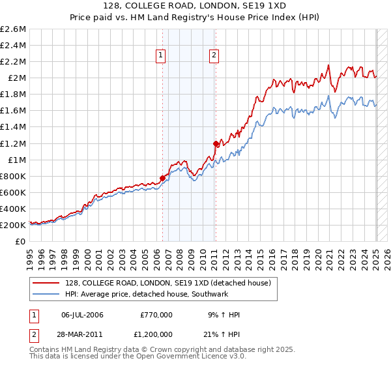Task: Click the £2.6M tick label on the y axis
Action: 14,29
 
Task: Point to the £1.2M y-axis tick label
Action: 14,143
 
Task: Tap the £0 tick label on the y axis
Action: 22,241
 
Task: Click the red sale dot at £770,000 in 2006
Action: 162,178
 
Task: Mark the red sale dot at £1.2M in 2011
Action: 216,143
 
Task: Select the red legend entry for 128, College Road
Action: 162,282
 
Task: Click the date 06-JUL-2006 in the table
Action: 82,315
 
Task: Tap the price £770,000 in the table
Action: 156,315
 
